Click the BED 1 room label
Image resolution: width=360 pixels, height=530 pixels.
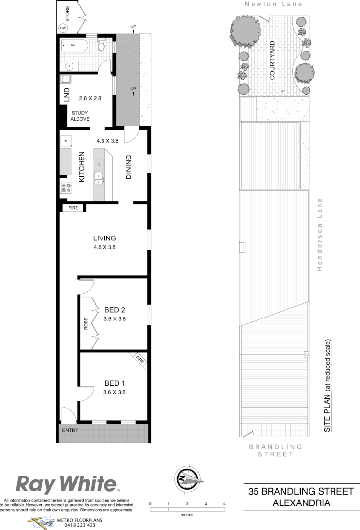tap(114, 383)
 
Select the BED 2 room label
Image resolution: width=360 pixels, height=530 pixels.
tap(115, 310)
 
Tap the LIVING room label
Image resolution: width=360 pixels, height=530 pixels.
tap(104, 238)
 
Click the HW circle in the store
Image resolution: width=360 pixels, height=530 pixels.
tap(63, 28)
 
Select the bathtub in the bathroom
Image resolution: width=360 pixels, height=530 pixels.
tap(75, 47)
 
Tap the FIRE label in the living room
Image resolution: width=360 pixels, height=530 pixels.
tap(73, 208)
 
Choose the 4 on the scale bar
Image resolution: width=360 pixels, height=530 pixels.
tap(224, 504)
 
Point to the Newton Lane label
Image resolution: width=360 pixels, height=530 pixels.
tap(274, 4)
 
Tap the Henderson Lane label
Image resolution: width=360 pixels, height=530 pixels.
tap(319, 234)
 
